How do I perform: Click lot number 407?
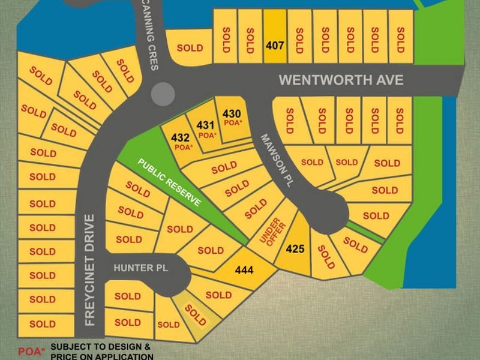[275, 44]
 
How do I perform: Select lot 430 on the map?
[232, 113]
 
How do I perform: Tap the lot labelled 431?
[206, 125]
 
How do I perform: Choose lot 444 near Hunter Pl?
[244, 271]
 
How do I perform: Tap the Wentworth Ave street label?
[341, 80]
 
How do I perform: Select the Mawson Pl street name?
[275, 161]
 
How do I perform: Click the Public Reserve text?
[169, 182]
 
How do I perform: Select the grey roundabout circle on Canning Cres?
[163, 94]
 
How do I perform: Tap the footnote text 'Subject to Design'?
[100, 347]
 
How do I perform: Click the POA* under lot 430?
[232, 122]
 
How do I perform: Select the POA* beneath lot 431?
[208, 135]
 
